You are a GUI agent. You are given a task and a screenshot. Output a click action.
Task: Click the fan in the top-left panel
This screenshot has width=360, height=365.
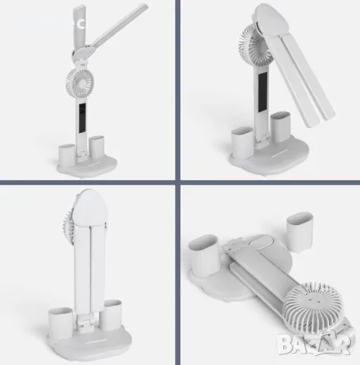click(x=79, y=83)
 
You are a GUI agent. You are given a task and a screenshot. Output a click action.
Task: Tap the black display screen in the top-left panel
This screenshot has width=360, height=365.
click(x=82, y=118)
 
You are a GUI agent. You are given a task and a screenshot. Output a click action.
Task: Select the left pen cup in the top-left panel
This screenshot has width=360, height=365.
click(x=67, y=154)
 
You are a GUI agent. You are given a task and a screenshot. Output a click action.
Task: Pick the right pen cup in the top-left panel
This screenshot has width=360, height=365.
click(x=97, y=147)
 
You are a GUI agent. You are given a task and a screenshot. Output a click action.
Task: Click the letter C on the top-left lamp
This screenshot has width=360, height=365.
click(x=81, y=24)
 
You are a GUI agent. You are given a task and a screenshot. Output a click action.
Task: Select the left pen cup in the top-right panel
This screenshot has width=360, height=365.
click(x=242, y=140)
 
